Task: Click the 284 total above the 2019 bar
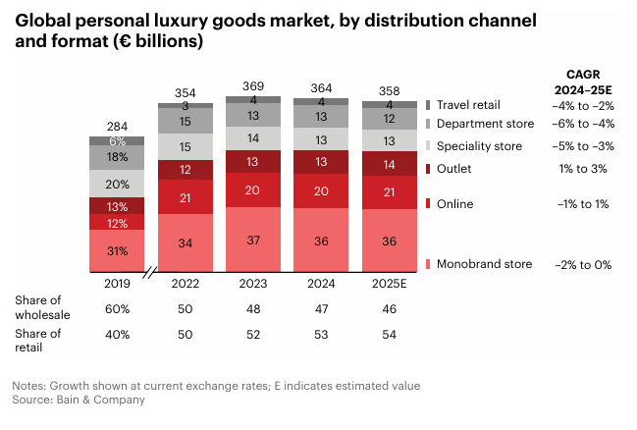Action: tap(118, 126)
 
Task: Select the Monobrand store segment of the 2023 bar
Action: tap(253, 241)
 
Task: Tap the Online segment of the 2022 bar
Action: tap(186, 196)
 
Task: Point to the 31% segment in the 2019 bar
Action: tap(118, 251)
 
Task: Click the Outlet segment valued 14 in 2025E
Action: tap(389, 164)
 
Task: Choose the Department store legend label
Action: tap(485, 124)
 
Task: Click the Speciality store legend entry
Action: tap(479, 146)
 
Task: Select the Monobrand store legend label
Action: tap(484, 263)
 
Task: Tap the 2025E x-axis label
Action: tap(389, 283)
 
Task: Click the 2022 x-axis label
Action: tap(186, 283)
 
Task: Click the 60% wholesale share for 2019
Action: tap(118, 308)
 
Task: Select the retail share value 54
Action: tap(389, 335)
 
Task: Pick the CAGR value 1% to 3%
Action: tap(582, 169)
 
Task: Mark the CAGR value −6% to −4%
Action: tap(582, 124)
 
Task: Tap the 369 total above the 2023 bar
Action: tap(253, 86)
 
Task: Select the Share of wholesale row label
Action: tap(41, 307)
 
